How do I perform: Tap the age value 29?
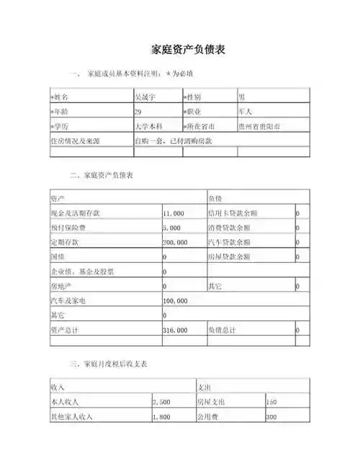click(x=138, y=112)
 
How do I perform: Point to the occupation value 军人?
click(x=245, y=112)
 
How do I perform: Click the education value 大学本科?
click(x=150, y=126)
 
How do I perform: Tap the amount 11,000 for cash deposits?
click(x=174, y=213)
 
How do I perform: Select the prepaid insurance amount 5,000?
click(x=171, y=228)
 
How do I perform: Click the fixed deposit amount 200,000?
click(x=175, y=242)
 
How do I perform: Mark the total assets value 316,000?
click(x=175, y=329)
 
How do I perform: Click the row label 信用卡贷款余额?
click(x=233, y=213)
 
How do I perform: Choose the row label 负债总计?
click(x=222, y=329)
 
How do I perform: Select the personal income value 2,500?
click(x=161, y=402)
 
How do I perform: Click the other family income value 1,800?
click(x=161, y=416)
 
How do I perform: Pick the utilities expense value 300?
click(x=271, y=416)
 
